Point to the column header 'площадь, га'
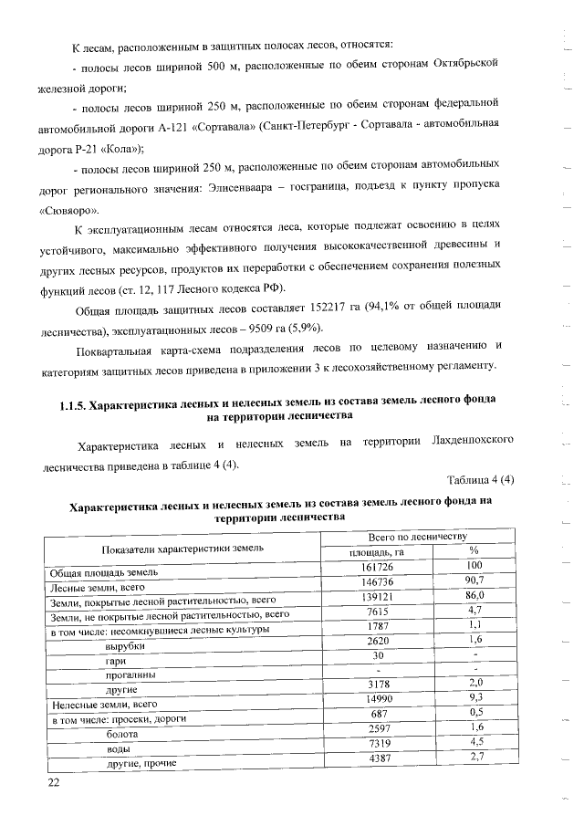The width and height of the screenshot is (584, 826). (x=377, y=551)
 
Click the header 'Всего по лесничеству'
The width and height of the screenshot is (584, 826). (x=417, y=536)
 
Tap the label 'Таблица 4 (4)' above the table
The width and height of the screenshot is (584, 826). (x=481, y=480)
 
